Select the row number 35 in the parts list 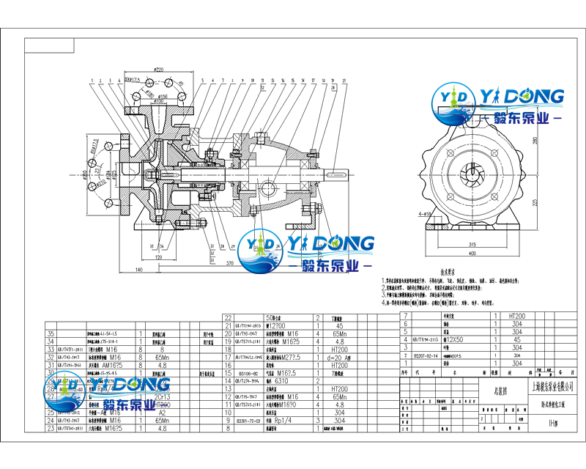tap(51, 333)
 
